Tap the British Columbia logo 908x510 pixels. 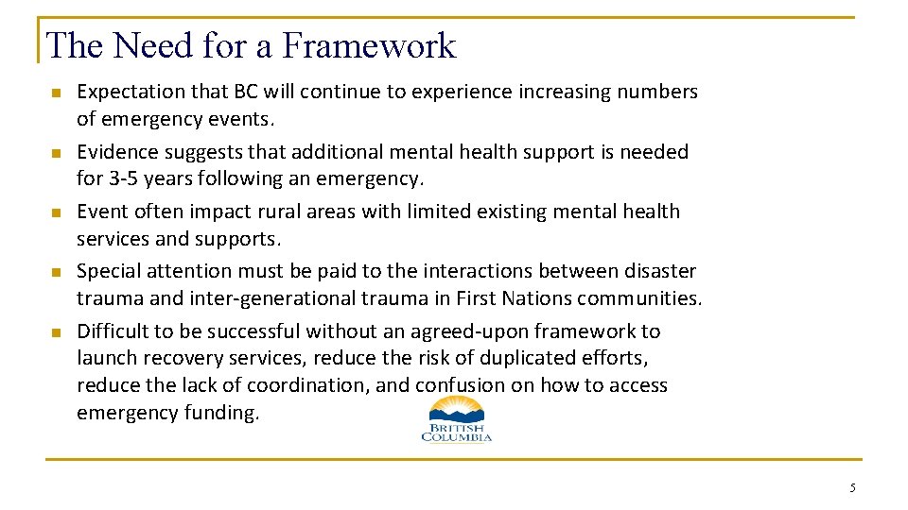(456, 419)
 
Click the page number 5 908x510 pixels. (852, 488)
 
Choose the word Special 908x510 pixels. (108, 271)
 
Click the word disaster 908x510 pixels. (659, 271)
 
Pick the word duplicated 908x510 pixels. (533, 359)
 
